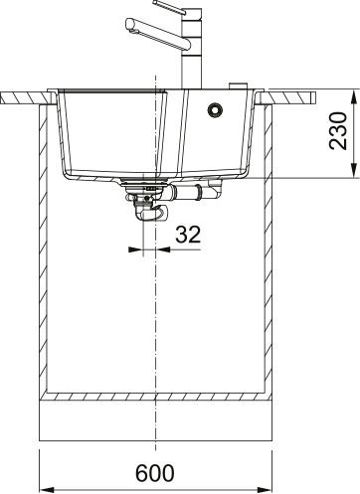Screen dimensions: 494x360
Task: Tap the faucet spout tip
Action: pyautogui.click(x=129, y=25)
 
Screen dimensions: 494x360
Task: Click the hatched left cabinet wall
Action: pyautogui.click(x=43, y=248)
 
